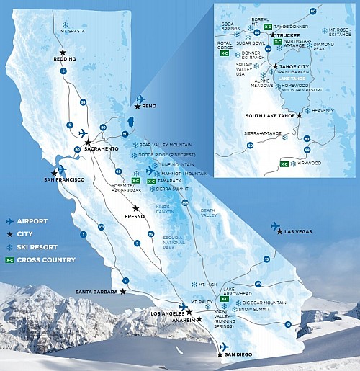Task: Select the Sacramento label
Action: (101, 148)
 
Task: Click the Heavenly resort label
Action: (323, 110)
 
